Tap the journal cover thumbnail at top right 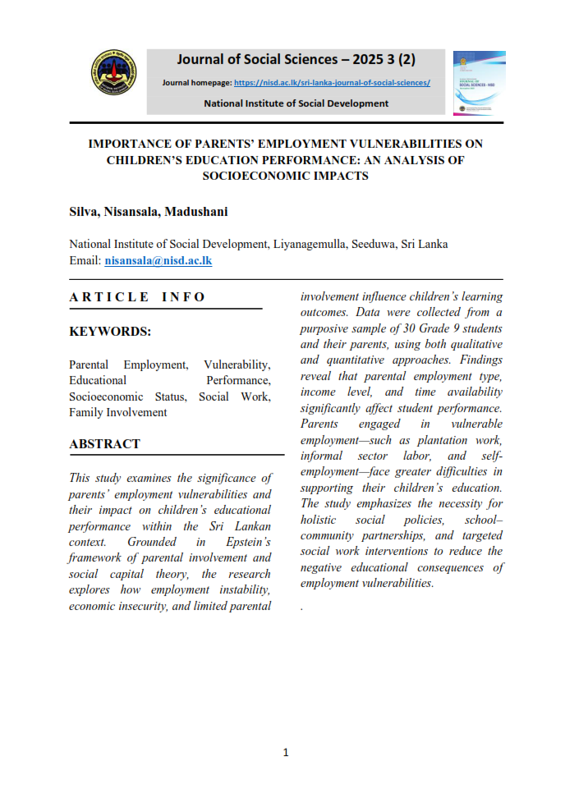(x=479, y=82)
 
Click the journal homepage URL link (x=332, y=83)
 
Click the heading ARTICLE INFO (x=137, y=296)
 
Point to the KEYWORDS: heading (x=110, y=332)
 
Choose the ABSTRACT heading (x=104, y=443)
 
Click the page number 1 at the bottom (x=285, y=752)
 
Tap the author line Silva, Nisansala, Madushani (x=148, y=212)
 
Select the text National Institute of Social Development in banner (x=296, y=103)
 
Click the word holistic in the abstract (x=319, y=520)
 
